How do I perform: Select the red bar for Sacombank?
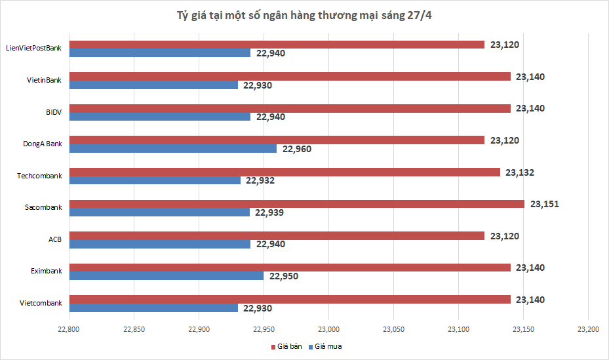point(296,204)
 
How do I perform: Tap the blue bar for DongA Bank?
point(172,148)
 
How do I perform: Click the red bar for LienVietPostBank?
point(277,45)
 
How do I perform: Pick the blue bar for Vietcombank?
point(153,308)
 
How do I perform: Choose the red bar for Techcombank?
point(285,172)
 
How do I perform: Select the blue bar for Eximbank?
point(167,276)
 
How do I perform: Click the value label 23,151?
point(544,204)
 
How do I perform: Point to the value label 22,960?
point(296,149)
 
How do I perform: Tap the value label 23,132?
point(520,172)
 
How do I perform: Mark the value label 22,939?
point(269,212)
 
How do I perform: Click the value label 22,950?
point(283,276)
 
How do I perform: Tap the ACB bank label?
point(54,239)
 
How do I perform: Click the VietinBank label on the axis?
point(44,80)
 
